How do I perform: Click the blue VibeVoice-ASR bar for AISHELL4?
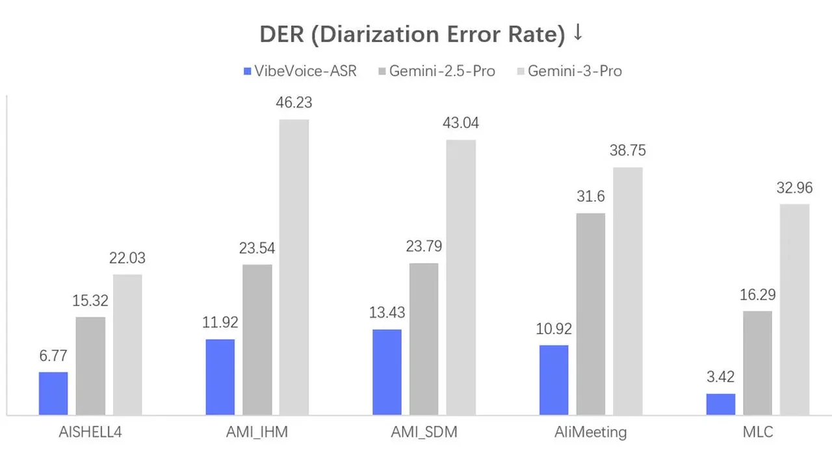point(53,393)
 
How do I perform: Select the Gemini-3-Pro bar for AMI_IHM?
point(294,266)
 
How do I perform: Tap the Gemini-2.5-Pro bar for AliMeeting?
point(590,313)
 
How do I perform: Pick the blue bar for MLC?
point(721,404)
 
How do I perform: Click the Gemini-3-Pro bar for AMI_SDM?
point(461,277)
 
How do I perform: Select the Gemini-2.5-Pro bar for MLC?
point(757,363)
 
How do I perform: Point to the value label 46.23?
point(294,103)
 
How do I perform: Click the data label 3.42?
point(721,378)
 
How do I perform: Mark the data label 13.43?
point(387,313)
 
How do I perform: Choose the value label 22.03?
point(127,258)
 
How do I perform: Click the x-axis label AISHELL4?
point(90,432)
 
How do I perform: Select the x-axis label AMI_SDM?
point(424,432)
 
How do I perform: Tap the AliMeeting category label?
point(590,432)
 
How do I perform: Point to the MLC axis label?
point(757,432)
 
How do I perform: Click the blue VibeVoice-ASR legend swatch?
point(247,71)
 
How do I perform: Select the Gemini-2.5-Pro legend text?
point(442,71)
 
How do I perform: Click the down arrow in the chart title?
point(578,34)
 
